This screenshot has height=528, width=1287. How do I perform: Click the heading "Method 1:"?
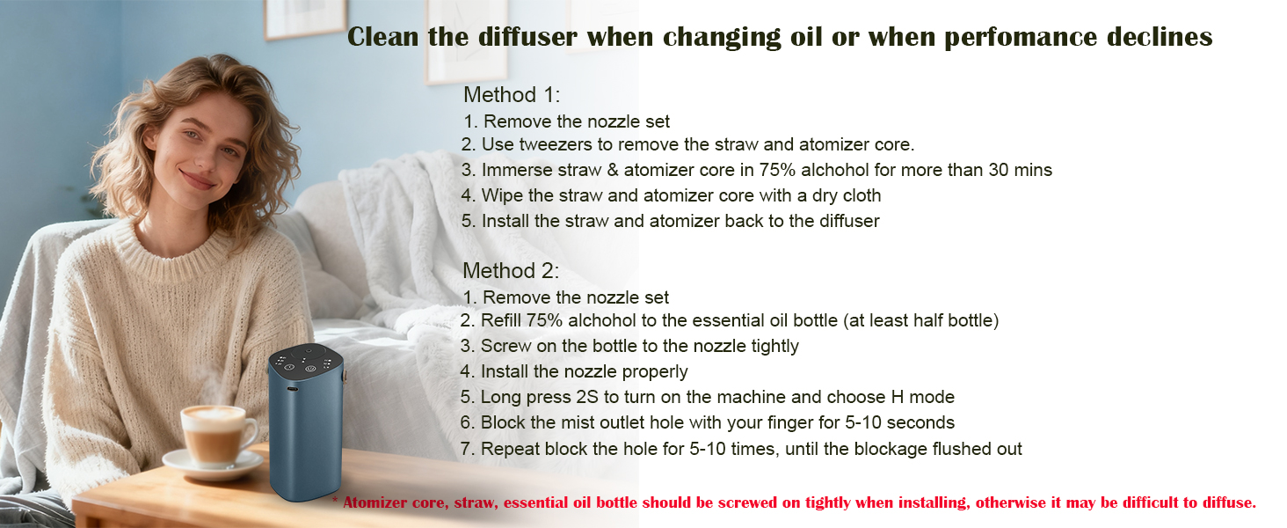pos(512,95)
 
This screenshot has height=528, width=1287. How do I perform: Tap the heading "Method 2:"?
pos(511,271)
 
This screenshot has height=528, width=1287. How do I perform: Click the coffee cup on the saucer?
pos(214,434)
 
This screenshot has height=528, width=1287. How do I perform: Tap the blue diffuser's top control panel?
pos(305,360)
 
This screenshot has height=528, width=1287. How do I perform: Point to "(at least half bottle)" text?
pos(920,321)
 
